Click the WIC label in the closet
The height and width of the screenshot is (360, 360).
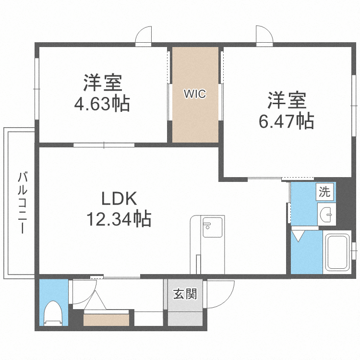195,94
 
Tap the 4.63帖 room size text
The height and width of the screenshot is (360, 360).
102,103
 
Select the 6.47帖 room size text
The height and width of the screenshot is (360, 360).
287,121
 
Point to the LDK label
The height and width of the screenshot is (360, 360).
119,198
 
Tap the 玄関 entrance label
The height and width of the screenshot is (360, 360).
185,294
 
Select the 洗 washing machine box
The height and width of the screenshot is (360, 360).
325,192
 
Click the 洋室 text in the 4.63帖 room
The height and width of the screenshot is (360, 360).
102,83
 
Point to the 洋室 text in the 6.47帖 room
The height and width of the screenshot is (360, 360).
287,100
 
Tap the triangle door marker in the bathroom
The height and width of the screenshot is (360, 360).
299,235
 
